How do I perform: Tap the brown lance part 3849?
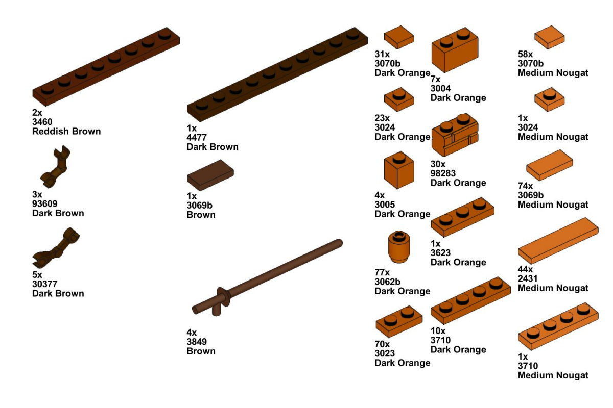tap(266, 275)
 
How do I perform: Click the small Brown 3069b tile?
tap(210, 174)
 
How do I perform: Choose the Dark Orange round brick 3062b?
tap(399, 246)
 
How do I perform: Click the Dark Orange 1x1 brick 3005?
tap(398, 170)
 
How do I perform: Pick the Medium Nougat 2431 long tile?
tap(558, 240)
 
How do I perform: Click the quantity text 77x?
tap(383, 273)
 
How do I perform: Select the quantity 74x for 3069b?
tap(526, 186)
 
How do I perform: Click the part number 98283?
tap(443, 173)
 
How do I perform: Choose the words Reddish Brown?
tap(66, 131)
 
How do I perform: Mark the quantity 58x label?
tap(526, 54)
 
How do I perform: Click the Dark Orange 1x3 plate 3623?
tap(462, 217)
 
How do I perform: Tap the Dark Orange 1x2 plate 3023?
tap(398, 321)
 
